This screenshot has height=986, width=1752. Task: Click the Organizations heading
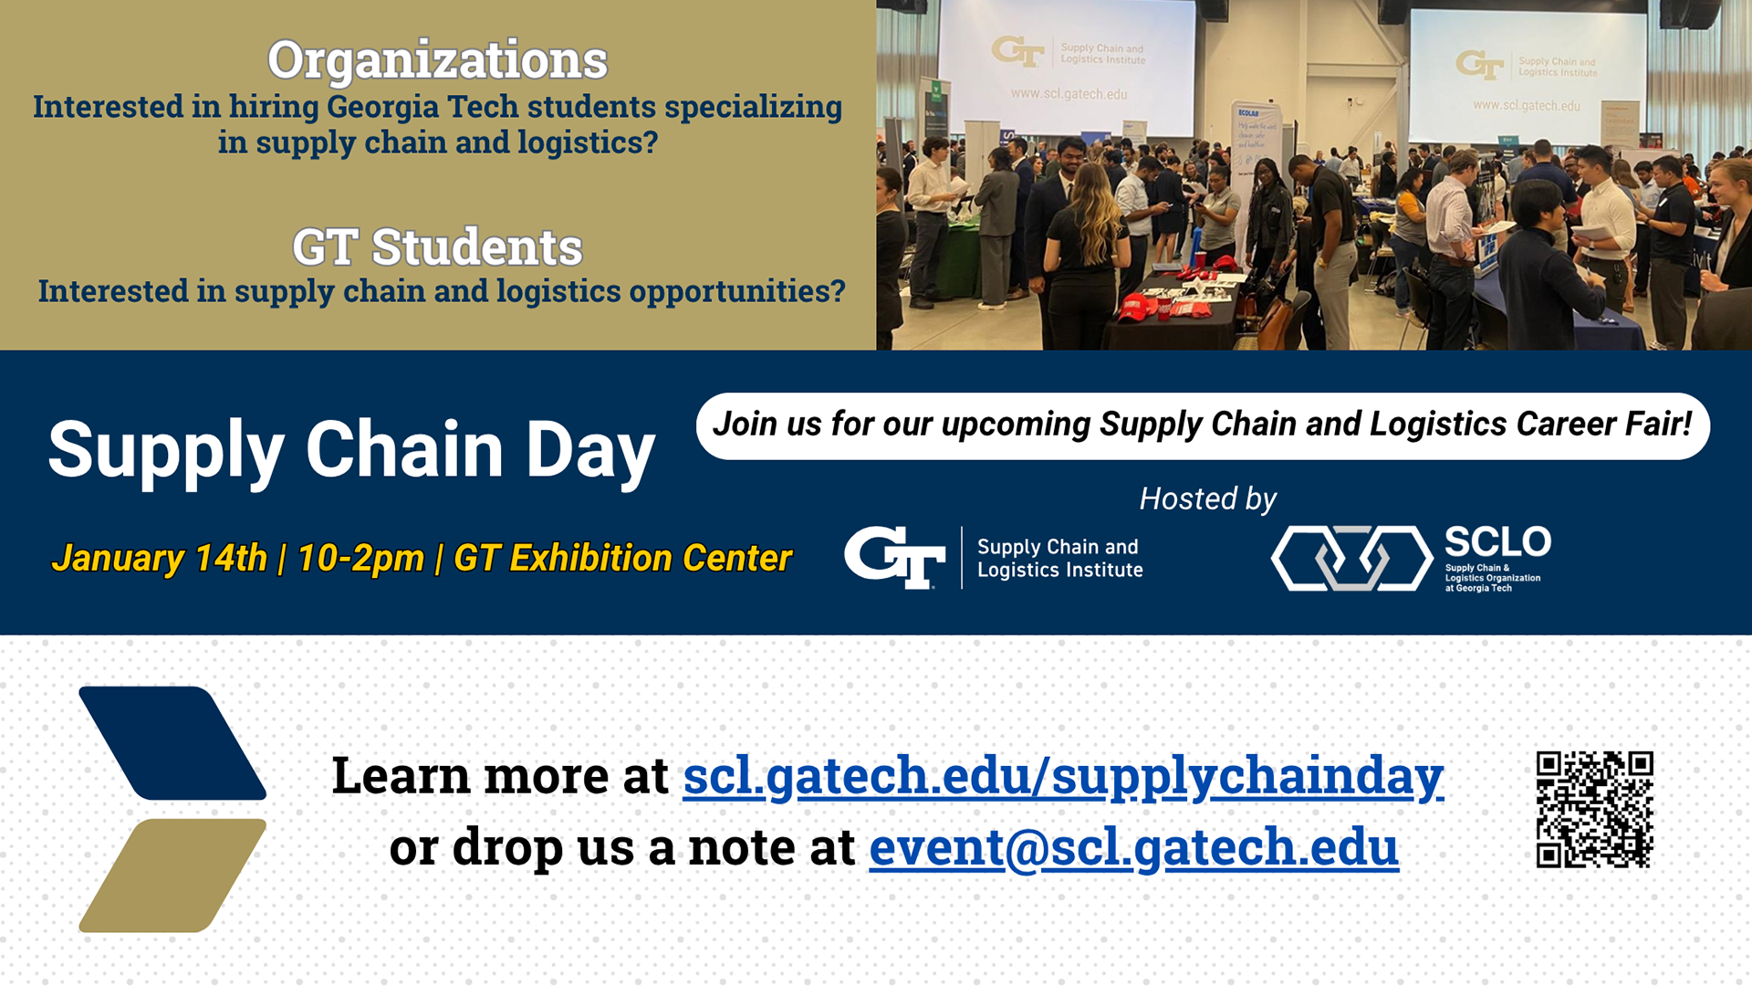[x=437, y=60]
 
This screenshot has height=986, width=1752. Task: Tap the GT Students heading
[x=437, y=247]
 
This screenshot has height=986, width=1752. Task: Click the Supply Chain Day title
[x=351, y=449]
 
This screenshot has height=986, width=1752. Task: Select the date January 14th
[x=159, y=558]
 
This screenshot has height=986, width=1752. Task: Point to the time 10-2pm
[x=360, y=558]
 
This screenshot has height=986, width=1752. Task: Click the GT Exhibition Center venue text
[x=622, y=558]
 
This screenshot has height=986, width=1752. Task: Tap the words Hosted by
[x=1207, y=498]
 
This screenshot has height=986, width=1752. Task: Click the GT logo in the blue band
[x=894, y=557]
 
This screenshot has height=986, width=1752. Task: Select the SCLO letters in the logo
[x=1497, y=542]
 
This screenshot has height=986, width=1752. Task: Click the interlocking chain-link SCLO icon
[x=1351, y=558]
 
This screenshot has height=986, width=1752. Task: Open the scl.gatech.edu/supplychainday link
[x=1063, y=775]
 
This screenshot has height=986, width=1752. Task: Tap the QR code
[x=1594, y=809]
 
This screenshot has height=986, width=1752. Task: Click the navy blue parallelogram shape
[x=172, y=742]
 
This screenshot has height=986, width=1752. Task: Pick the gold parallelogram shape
[x=172, y=875]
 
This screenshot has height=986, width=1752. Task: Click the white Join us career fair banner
[x=1202, y=425]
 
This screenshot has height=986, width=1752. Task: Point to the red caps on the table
[x=1142, y=308]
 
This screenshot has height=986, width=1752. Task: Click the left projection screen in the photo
[x=1068, y=68]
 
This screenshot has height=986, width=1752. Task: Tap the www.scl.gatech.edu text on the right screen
[x=1526, y=106]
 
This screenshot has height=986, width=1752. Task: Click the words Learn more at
[x=500, y=775]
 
